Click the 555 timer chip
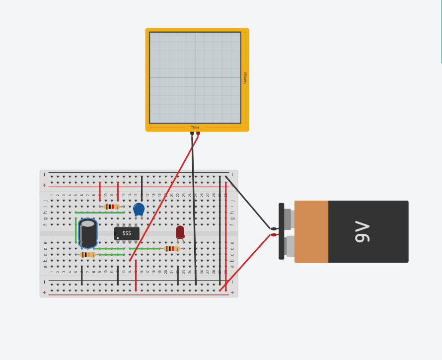pos(127,233)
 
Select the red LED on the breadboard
pos(180,232)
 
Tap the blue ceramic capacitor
pos(139,209)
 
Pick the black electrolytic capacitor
pos(88,233)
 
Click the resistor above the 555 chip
pos(112,207)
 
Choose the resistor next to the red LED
pos(172,248)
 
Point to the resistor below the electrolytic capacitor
pos(88,254)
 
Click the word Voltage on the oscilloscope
pos(245,77)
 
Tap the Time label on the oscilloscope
pos(195,128)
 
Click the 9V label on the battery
pos(363,232)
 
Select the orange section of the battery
pos(311,231)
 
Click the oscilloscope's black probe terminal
pos(192,133)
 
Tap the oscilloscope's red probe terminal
pos(198,133)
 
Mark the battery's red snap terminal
pos(274,235)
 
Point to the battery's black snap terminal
pos(274,228)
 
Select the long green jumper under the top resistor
pos(100,213)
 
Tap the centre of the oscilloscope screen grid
pos(195,77)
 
